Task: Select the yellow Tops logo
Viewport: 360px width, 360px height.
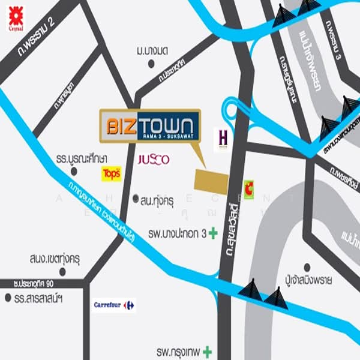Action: (x=112, y=174)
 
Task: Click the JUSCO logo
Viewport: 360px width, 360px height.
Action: (x=154, y=160)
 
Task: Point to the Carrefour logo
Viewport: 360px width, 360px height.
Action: (x=114, y=305)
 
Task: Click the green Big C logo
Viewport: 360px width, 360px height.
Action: (x=248, y=187)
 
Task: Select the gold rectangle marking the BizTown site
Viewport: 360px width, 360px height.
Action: (x=211, y=180)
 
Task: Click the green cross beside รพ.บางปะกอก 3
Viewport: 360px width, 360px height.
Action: (x=212, y=233)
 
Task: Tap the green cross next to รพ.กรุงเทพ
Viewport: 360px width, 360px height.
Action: (x=208, y=350)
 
